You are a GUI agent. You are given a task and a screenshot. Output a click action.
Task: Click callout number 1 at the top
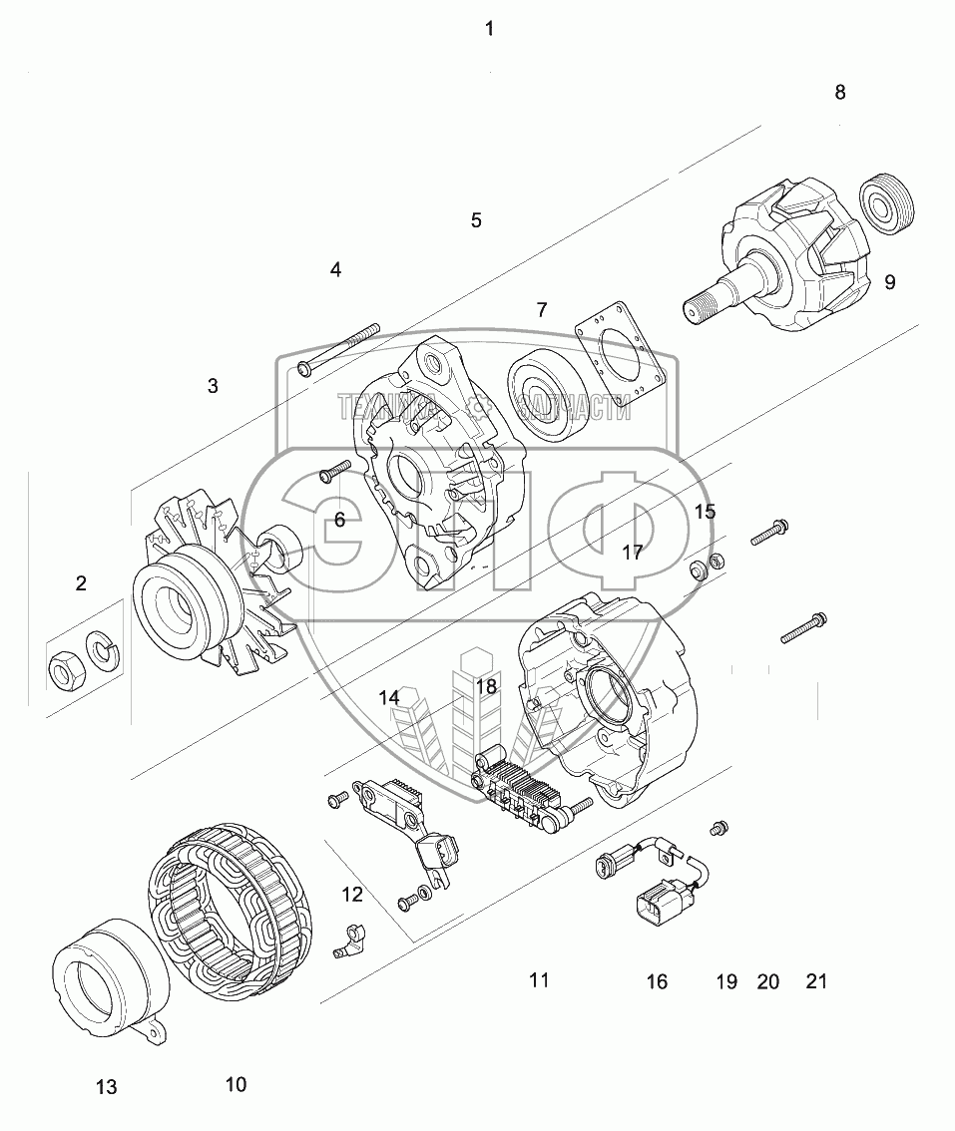(x=489, y=29)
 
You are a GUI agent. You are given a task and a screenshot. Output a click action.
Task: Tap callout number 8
(x=840, y=92)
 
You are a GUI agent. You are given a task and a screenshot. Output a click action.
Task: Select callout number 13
(x=107, y=1087)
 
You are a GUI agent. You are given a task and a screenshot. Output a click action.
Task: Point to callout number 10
(x=236, y=1084)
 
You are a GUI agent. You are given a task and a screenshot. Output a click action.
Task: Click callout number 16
(x=657, y=982)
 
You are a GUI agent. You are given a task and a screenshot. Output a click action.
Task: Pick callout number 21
(x=816, y=982)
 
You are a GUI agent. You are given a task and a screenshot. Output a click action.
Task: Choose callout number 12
(x=352, y=895)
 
